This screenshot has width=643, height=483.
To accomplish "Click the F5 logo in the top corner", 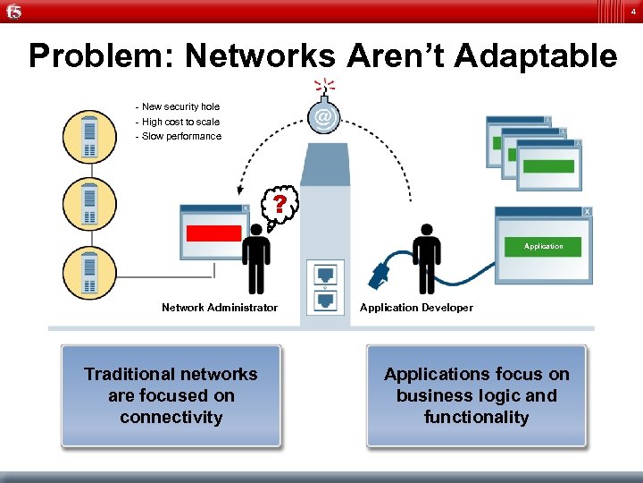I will (x=13, y=12).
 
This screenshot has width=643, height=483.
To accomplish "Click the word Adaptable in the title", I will (x=535, y=56).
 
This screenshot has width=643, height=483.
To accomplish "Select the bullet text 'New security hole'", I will (x=179, y=106).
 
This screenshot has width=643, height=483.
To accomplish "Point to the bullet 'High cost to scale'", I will (x=179, y=122).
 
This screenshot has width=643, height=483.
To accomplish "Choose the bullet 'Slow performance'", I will (x=179, y=136).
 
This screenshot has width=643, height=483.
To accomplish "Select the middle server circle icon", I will (x=89, y=204).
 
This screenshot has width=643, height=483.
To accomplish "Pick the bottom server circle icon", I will (x=89, y=271).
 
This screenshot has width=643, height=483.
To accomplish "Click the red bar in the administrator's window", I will (x=213, y=233).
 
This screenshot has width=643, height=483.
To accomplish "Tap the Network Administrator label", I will (x=220, y=308).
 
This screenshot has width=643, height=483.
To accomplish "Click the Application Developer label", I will (x=416, y=308).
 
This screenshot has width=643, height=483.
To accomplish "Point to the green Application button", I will (x=544, y=246).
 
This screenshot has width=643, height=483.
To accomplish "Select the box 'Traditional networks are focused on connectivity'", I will (x=171, y=395).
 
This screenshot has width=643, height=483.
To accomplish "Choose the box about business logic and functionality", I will (x=476, y=395).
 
